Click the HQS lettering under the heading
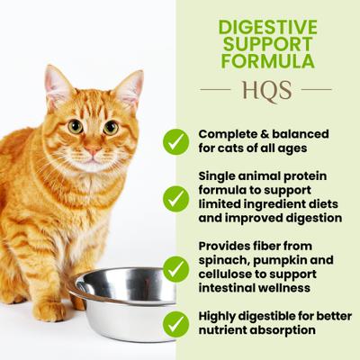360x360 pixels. click(266, 90)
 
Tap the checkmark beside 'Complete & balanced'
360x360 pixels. click(176, 141)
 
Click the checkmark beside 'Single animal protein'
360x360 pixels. click(176, 198)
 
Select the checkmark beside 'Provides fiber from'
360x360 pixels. click(176, 268)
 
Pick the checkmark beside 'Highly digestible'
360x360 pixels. click(176, 323)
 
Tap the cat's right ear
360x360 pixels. click(130, 87)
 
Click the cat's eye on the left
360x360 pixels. click(76, 126)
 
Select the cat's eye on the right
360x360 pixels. click(111, 127)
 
